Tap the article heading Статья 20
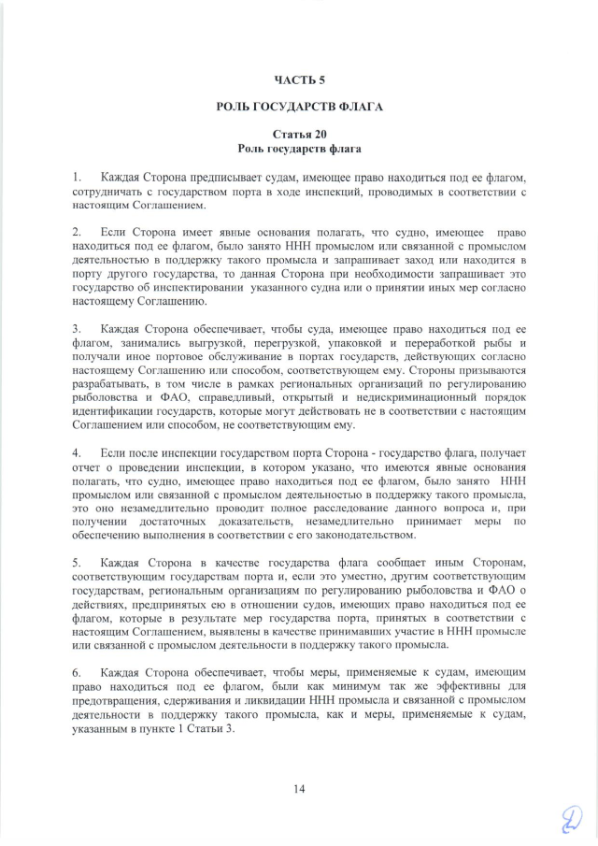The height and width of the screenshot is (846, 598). pos(299,135)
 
